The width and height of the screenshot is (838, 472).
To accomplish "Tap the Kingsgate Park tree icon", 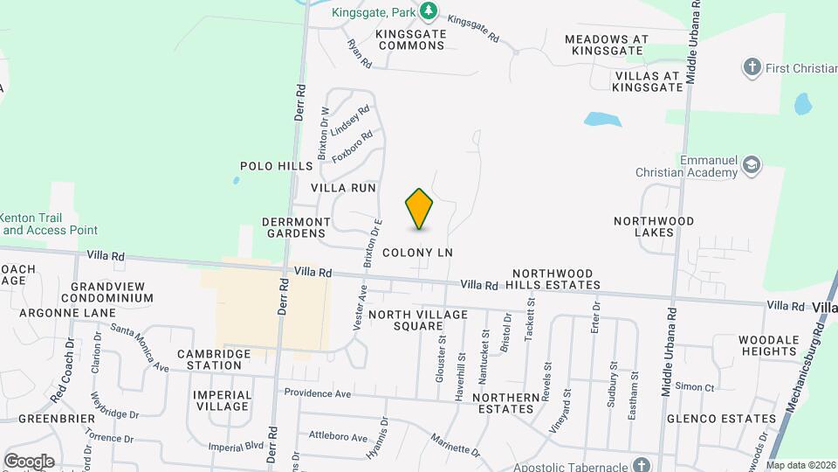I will click(x=428, y=11).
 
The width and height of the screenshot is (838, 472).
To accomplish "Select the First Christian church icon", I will click(x=752, y=67).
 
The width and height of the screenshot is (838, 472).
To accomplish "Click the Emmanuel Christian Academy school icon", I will click(x=752, y=163).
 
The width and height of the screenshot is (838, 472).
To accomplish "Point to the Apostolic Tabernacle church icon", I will click(x=642, y=465).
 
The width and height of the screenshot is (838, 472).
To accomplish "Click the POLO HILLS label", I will click(x=276, y=166).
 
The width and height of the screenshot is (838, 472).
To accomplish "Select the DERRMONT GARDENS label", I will click(x=295, y=227).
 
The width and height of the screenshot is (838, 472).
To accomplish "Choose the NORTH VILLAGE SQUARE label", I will click(x=408, y=320).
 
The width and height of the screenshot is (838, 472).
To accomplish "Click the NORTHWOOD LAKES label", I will click(x=653, y=226).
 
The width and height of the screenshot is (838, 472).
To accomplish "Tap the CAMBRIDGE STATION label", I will click(x=214, y=359).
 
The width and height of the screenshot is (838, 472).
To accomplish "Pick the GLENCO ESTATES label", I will click(x=721, y=419).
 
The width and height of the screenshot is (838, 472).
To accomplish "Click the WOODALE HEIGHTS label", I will click(x=768, y=345).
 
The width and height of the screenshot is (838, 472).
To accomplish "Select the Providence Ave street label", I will click(x=317, y=394).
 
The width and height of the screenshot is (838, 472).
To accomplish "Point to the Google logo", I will click(x=29, y=461).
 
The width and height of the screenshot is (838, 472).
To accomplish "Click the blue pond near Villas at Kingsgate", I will click(x=603, y=119).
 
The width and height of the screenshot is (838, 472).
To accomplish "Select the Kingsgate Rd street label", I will click(x=472, y=29).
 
